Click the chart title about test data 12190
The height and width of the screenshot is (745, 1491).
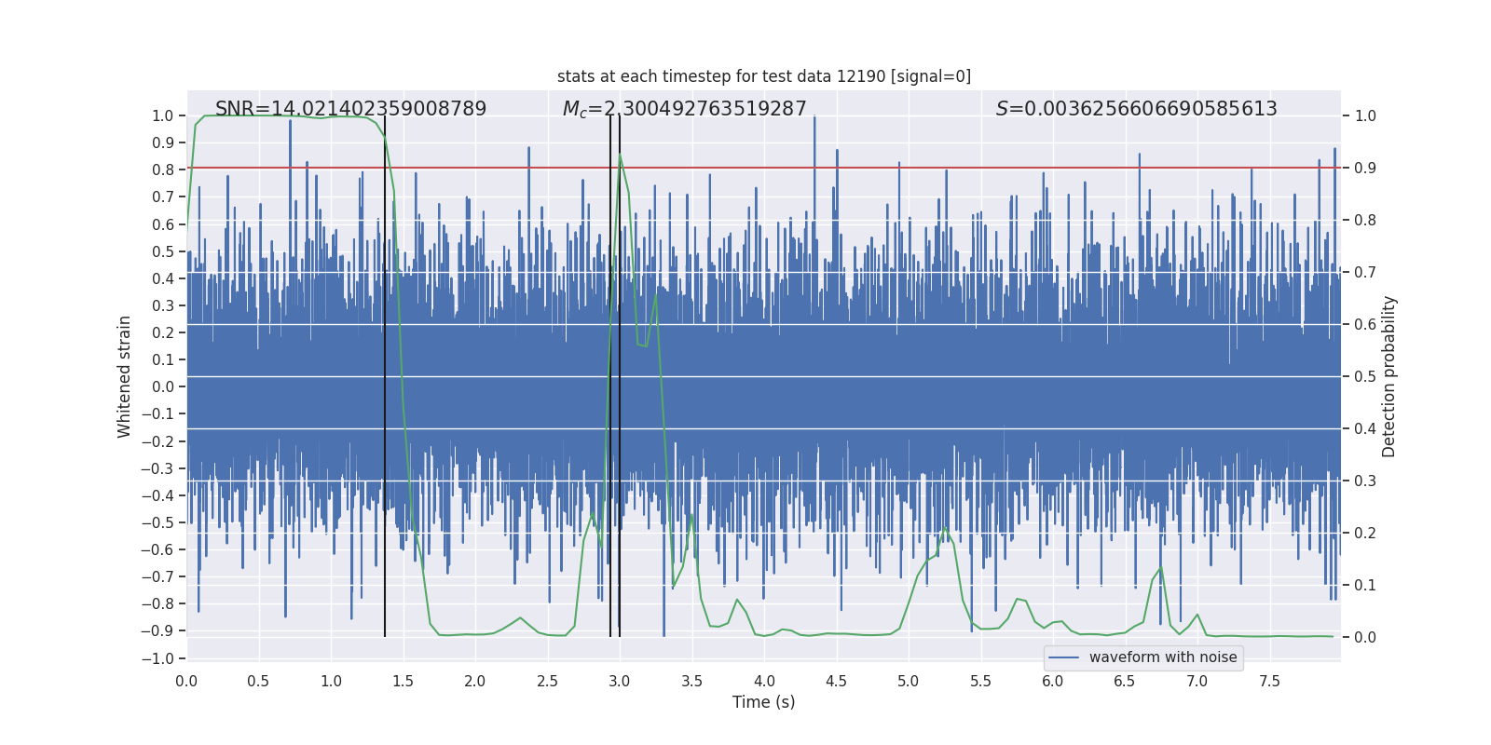(x=764, y=76)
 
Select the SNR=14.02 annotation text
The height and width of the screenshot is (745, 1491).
(x=350, y=109)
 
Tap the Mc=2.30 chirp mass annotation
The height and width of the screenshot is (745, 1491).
(x=684, y=109)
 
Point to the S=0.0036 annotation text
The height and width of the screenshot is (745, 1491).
(x=1136, y=109)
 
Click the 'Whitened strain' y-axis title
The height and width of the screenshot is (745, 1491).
(x=125, y=376)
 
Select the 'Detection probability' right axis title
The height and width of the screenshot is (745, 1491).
(x=1389, y=376)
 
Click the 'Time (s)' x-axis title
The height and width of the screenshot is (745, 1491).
(x=763, y=702)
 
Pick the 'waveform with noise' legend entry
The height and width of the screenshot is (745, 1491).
(x=1162, y=657)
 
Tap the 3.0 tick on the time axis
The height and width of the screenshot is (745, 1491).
(x=620, y=682)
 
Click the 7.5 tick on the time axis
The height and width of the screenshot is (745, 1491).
(x=1269, y=682)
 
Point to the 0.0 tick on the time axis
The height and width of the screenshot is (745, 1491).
(x=186, y=682)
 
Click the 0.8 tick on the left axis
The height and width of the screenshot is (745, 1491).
(x=163, y=169)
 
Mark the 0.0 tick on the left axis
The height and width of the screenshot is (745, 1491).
(x=163, y=386)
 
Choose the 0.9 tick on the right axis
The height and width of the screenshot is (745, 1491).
(x=1365, y=169)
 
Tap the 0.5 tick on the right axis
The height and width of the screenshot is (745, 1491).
(x=1365, y=377)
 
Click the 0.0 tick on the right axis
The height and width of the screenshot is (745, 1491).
(x=1365, y=638)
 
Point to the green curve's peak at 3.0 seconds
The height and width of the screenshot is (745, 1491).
(x=620, y=156)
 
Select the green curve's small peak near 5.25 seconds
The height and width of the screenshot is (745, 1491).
(x=944, y=528)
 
